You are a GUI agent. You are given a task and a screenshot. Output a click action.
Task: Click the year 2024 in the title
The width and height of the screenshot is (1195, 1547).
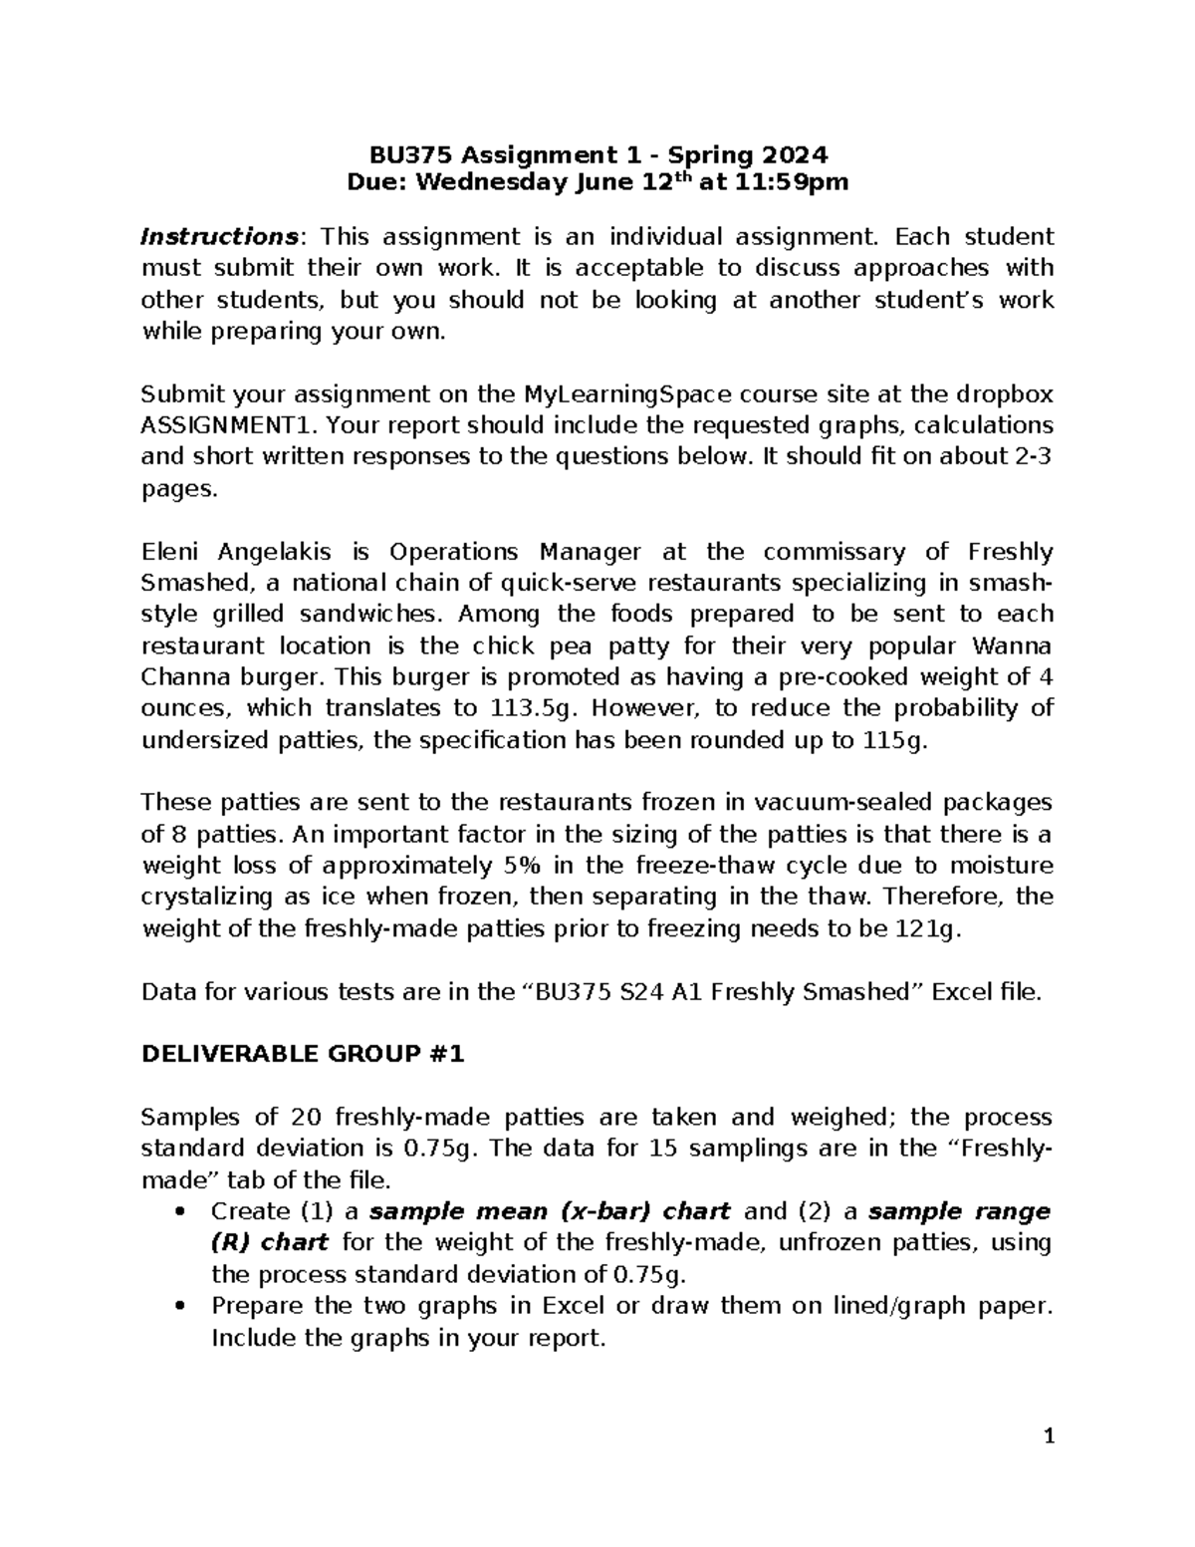795,155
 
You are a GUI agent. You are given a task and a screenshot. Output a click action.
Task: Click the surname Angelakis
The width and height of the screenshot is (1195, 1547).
274,552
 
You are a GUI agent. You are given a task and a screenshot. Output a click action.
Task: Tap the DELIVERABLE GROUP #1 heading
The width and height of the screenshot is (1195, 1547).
303,1055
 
